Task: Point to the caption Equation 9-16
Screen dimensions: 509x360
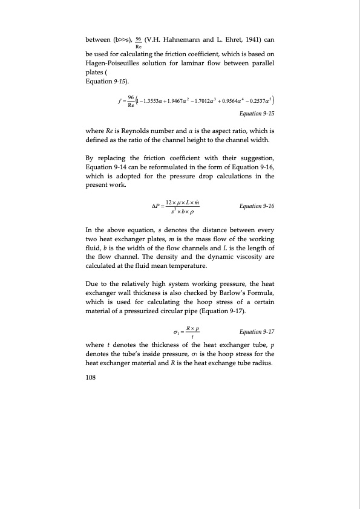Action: (257, 206)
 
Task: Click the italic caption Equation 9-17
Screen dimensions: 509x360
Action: (257, 332)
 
